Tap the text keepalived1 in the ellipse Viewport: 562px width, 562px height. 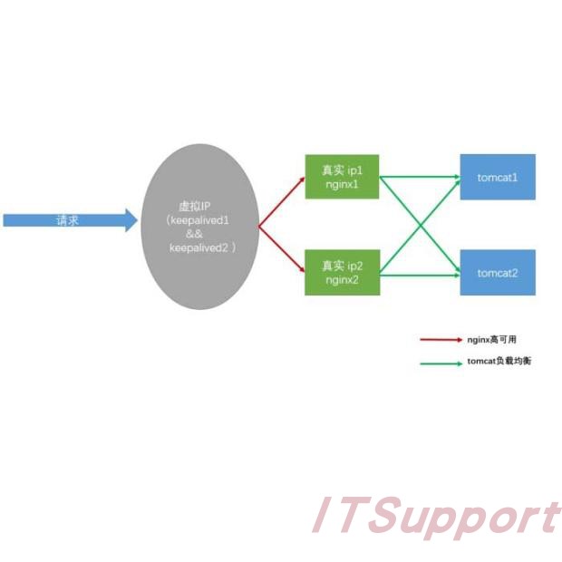201,219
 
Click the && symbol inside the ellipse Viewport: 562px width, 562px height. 201,233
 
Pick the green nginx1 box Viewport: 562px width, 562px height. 342,177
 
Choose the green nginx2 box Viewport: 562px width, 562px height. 342,272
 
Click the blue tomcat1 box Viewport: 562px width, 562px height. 498,177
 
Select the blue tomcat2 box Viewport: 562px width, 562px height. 498,272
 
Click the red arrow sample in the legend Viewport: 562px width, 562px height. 441,340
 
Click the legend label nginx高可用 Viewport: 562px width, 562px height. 492,340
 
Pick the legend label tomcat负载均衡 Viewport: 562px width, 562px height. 499,362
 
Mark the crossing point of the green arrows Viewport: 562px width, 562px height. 420,224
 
